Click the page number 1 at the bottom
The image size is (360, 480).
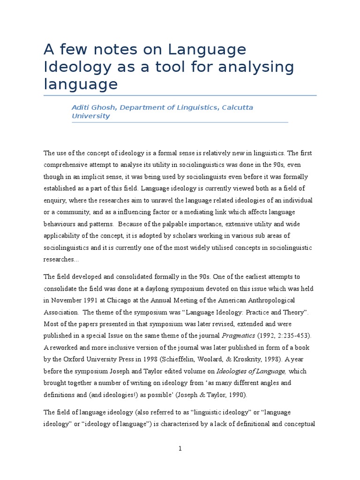click(x=180, y=449)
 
